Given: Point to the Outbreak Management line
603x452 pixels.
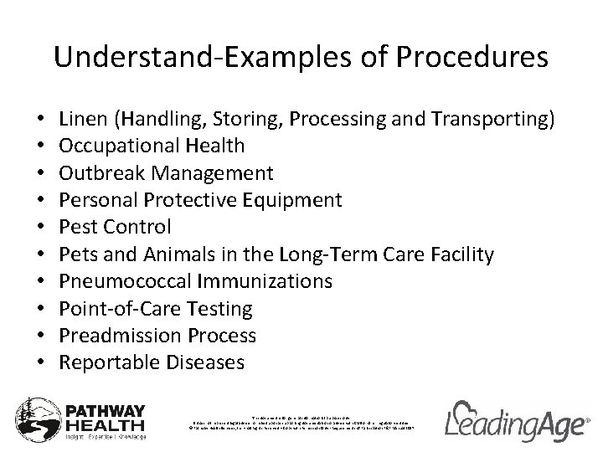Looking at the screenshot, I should coord(167,173).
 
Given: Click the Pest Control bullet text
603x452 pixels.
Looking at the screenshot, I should coord(116,227).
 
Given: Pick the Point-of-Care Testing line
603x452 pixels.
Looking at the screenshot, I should coord(157,309).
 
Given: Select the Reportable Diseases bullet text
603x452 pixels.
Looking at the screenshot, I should coord(152,362).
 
